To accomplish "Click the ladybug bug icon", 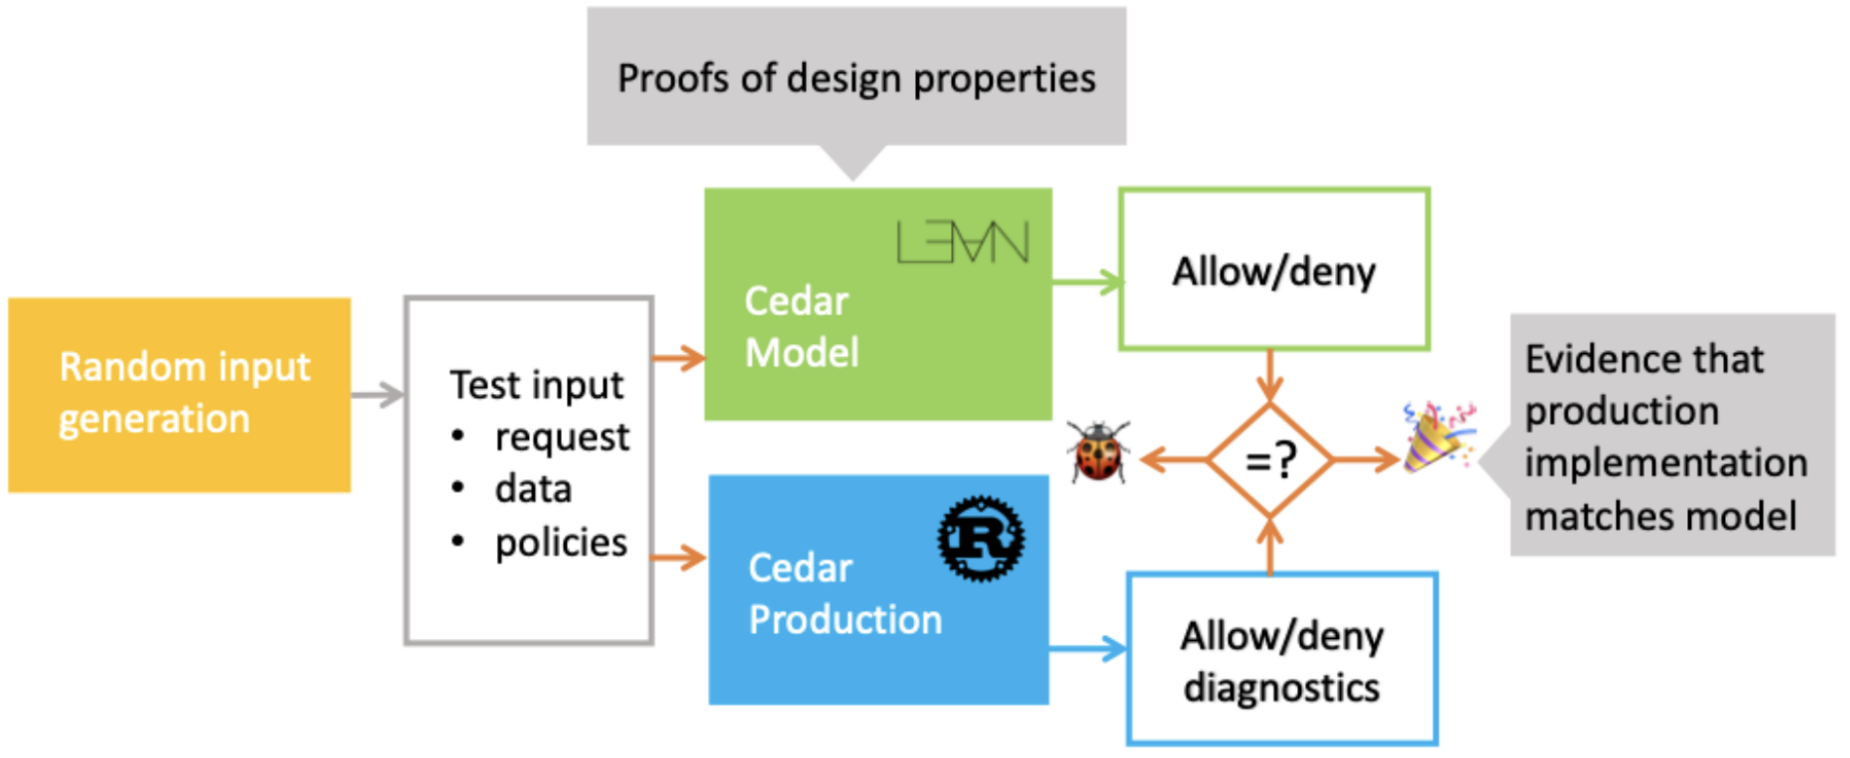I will tap(1098, 452).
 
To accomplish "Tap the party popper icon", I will tap(1437, 437).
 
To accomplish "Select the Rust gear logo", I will tap(981, 539).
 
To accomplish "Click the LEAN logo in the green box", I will tap(962, 242).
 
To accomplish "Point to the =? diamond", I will tap(1270, 459).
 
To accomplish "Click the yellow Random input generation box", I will tap(180, 394).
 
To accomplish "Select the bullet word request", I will tap(562, 437).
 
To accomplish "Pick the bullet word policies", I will tap(561, 543).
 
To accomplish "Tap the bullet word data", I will tap(533, 489).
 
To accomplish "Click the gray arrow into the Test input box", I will tap(378, 395).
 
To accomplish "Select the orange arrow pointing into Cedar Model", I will tap(679, 357).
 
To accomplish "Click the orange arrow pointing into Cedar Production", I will tap(679, 558).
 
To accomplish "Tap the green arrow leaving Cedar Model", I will tap(1086, 283).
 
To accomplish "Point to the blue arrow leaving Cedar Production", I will tap(1088, 650).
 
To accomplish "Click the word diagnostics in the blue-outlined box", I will tap(1281, 688).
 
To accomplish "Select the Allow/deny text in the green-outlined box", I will tap(1273, 271).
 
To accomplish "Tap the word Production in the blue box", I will tap(845, 620).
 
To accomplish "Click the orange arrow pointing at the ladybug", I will tap(1171, 459).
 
